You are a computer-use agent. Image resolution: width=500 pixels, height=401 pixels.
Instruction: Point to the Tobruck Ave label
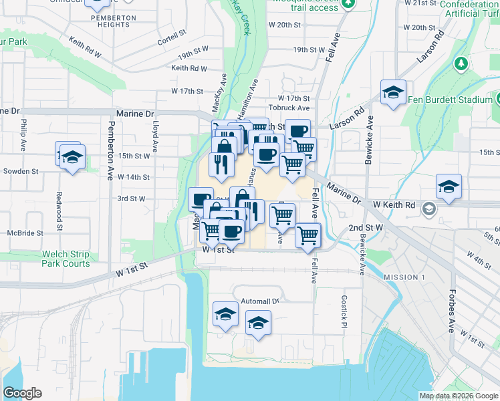tap(289, 108)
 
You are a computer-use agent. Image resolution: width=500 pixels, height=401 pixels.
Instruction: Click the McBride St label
tap(25, 233)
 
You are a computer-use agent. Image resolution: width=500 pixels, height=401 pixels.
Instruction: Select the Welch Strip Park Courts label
tap(66, 259)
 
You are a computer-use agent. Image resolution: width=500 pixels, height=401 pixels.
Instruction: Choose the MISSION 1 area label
tap(404, 277)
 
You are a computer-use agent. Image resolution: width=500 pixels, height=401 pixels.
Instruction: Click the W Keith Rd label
tap(394, 205)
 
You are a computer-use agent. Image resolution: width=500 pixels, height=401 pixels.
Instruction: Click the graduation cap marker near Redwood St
tap(72, 158)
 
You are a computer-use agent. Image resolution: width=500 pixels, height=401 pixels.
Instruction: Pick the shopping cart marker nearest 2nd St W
tap(307, 235)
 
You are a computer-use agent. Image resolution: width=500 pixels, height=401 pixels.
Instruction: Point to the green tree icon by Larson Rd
tap(461, 63)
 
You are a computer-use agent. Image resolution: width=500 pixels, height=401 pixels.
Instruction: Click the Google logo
tap(23, 393)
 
